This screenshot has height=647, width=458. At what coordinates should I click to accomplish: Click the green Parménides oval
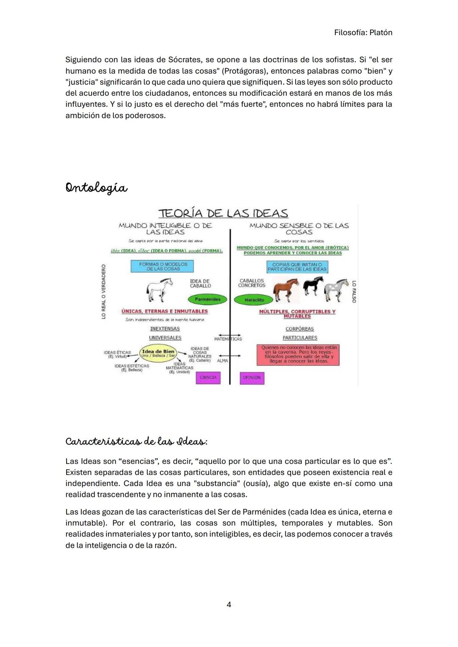[207, 300]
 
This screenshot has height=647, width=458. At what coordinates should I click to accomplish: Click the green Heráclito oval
[254, 300]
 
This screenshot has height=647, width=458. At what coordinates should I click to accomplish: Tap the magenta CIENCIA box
[208, 378]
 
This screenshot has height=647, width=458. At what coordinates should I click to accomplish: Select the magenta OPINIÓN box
[252, 378]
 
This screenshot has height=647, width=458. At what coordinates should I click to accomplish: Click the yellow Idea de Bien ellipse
[158, 353]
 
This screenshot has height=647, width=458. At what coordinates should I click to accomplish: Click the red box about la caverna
[298, 354]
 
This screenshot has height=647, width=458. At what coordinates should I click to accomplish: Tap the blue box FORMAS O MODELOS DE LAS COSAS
[163, 266]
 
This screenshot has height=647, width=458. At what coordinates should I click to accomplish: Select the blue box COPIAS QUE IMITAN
[297, 267]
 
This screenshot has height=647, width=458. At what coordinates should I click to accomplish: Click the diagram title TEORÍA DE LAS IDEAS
[223, 213]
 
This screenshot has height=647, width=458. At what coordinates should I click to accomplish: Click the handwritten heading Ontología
[96, 188]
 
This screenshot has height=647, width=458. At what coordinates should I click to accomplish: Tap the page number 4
[229, 605]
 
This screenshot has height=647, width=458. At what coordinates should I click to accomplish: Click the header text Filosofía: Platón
[363, 33]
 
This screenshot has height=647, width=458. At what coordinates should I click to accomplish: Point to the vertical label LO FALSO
[354, 292]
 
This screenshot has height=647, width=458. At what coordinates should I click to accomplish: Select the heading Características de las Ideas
[136, 442]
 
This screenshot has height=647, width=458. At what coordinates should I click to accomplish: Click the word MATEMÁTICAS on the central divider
[228, 339]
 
